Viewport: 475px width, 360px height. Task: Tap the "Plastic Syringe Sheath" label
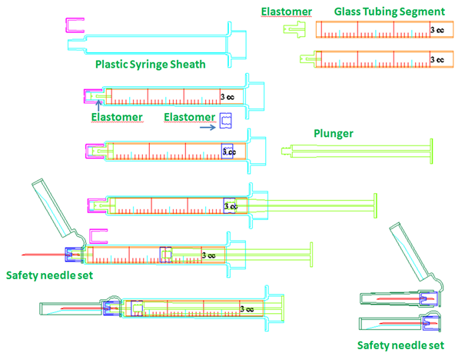click(x=150, y=65)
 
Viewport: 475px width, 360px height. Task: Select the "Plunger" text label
click(x=333, y=133)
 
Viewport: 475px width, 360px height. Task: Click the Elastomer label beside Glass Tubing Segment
click(x=287, y=11)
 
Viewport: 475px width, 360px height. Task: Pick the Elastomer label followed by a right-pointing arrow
click(x=191, y=116)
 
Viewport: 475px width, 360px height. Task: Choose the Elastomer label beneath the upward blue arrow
click(x=117, y=116)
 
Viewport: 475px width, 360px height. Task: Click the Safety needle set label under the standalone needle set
click(x=400, y=345)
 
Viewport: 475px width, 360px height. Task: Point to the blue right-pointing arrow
click(x=207, y=128)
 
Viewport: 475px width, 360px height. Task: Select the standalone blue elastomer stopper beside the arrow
click(x=225, y=120)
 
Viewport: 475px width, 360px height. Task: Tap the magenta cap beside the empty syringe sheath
click(x=75, y=26)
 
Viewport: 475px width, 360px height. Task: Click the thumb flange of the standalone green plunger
click(x=432, y=149)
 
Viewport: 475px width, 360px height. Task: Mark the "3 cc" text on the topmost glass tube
click(x=436, y=29)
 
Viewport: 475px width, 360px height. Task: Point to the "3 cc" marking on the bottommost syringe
click(x=247, y=308)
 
